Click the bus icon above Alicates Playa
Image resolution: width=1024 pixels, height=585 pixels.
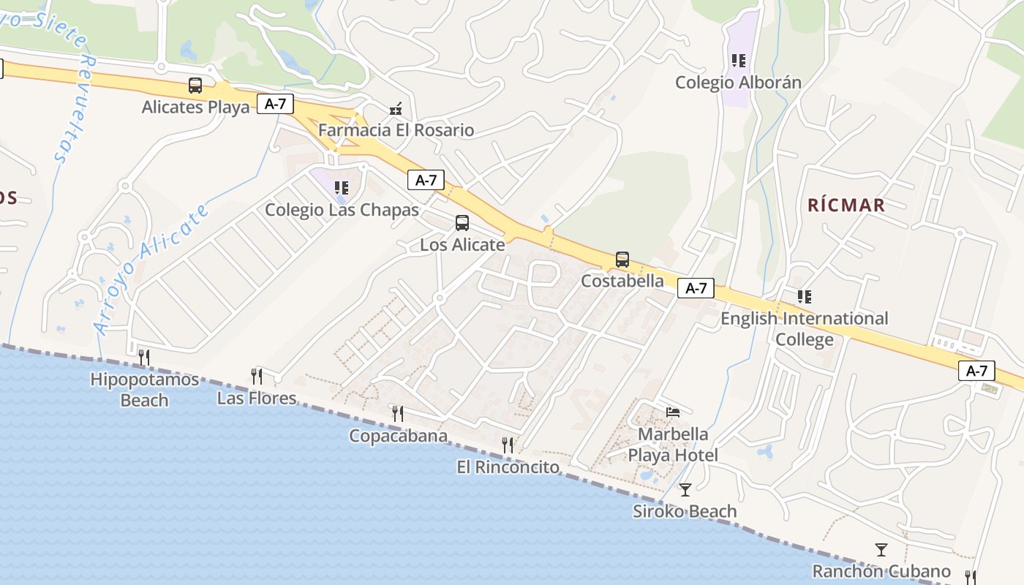point(195,86)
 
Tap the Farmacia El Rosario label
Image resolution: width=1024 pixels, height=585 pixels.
point(396,130)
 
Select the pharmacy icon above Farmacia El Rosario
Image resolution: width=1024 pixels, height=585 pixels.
point(396,109)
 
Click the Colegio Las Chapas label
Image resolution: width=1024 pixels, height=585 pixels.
point(342,210)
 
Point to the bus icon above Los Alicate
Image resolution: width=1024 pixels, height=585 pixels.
point(462,223)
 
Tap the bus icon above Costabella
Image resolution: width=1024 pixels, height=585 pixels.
point(622,260)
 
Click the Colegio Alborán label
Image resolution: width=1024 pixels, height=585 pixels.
point(738,82)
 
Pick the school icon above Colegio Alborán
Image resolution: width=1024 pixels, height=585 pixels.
point(739,61)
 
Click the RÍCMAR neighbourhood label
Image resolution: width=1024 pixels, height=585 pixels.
point(846,205)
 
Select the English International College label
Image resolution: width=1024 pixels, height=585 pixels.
point(804,329)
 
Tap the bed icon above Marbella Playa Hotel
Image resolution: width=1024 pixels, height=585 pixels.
point(673,412)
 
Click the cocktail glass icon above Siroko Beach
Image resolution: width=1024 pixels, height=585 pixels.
point(685,489)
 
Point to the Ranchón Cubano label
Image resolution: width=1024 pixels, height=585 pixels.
point(881,571)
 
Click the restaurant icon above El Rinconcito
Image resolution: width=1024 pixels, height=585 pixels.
point(508,445)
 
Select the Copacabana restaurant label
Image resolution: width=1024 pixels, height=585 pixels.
point(398,436)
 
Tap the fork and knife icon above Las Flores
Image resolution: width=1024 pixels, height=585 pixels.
point(257,377)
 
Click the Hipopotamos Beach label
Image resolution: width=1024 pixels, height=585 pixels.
point(144,390)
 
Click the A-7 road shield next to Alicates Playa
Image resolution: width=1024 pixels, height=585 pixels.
point(275,104)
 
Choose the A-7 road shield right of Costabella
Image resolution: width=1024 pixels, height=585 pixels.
point(696,288)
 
